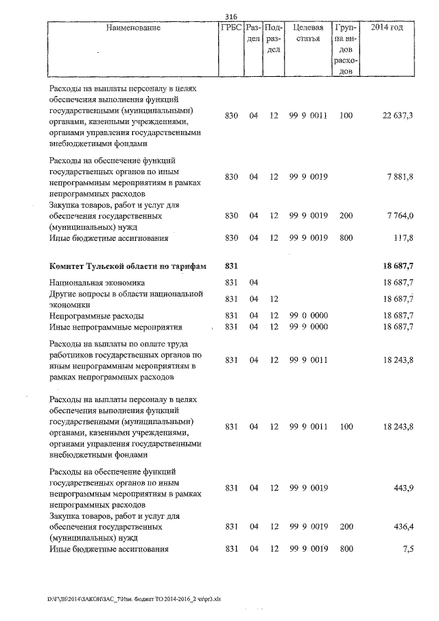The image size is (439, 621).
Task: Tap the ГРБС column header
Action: (230, 28)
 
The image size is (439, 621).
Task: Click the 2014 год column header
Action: (386, 28)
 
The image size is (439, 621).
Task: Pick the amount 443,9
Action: (404, 488)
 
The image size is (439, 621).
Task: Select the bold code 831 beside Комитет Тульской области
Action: (231, 266)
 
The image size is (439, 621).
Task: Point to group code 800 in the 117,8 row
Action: (346, 239)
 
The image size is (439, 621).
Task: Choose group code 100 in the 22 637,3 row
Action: (346, 117)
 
